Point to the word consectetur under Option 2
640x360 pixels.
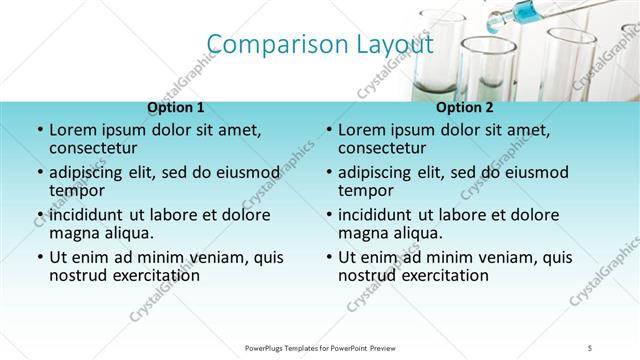click(382, 149)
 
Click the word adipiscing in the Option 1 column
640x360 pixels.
click(90, 171)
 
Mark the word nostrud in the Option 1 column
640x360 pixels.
click(76, 275)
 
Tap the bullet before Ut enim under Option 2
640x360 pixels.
click(328, 256)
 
